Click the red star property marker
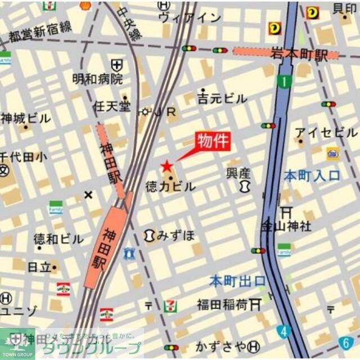(x=167, y=166)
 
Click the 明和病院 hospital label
(x=97, y=79)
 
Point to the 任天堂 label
(x=112, y=106)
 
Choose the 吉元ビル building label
(x=222, y=99)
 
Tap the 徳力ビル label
(x=170, y=186)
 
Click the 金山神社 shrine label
(x=286, y=226)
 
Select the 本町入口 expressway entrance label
(x=312, y=175)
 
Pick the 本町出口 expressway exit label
(x=237, y=280)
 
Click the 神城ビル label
(x=25, y=119)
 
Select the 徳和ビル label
(x=58, y=238)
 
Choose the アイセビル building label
(x=326, y=133)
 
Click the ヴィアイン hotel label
(x=190, y=17)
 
